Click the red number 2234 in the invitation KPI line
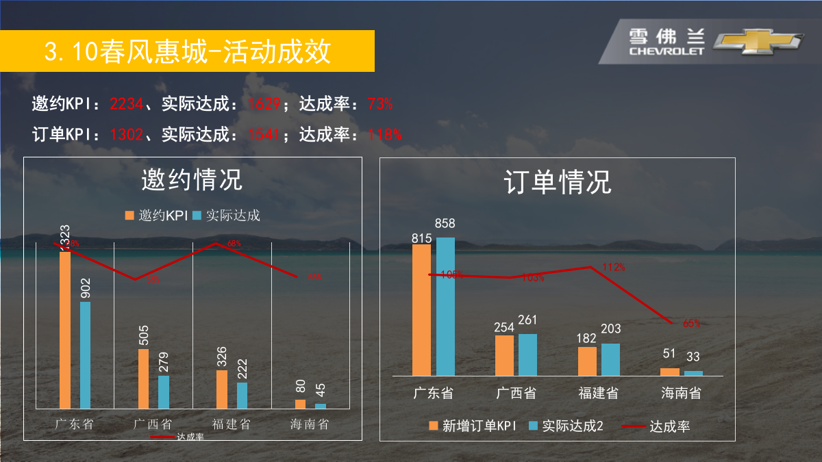(127, 104)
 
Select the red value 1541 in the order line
(264, 134)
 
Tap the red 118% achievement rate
(385, 134)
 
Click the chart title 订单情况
(558, 182)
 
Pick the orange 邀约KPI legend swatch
(129, 216)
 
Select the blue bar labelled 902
(85, 355)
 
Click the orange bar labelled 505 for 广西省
(143, 378)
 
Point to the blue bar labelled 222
(242, 395)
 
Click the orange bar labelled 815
(422, 310)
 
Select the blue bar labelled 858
(445, 307)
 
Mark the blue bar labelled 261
(527, 355)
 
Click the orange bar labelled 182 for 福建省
(587, 361)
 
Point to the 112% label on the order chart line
(613, 267)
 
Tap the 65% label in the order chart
(691, 323)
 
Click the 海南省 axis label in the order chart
(681, 394)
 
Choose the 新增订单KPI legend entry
(472, 426)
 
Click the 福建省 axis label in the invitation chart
(232, 424)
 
